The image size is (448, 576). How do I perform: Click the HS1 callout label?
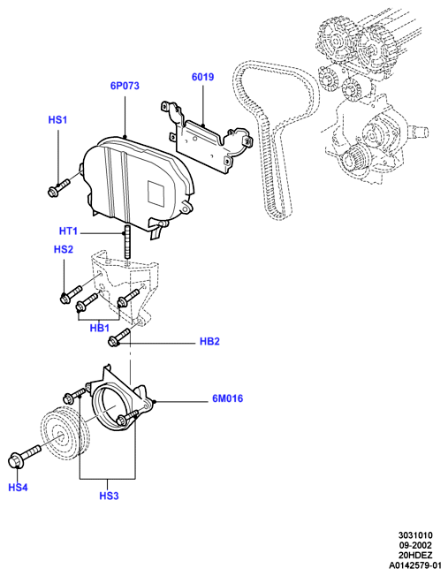pyautogui.click(x=57, y=120)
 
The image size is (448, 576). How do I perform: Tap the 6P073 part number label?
pyautogui.click(x=125, y=86)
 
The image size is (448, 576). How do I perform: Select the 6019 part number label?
pyautogui.click(x=203, y=77)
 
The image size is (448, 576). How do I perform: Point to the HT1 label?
pyautogui.click(x=68, y=231)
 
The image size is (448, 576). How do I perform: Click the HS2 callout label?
pyautogui.click(x=64, y=249)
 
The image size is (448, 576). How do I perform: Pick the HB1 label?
pyautogui.click(x=100, y=328)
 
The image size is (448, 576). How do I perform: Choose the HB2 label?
pyautogui.click(x=209, y=342)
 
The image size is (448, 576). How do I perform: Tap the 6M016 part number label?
pyautogui.click(x=228, y=398)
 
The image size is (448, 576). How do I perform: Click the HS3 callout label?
pyautogui.click(x=110, y=496)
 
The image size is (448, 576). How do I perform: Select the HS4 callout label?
pyautogui.click(x=18, y=488)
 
